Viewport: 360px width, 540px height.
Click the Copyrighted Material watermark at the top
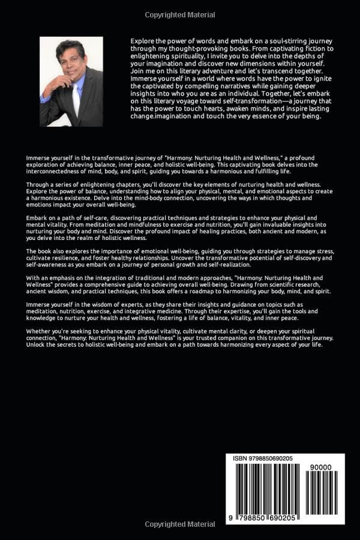click(x=180, y=14)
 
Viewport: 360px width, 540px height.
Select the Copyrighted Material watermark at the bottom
click(x=180, y=524)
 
